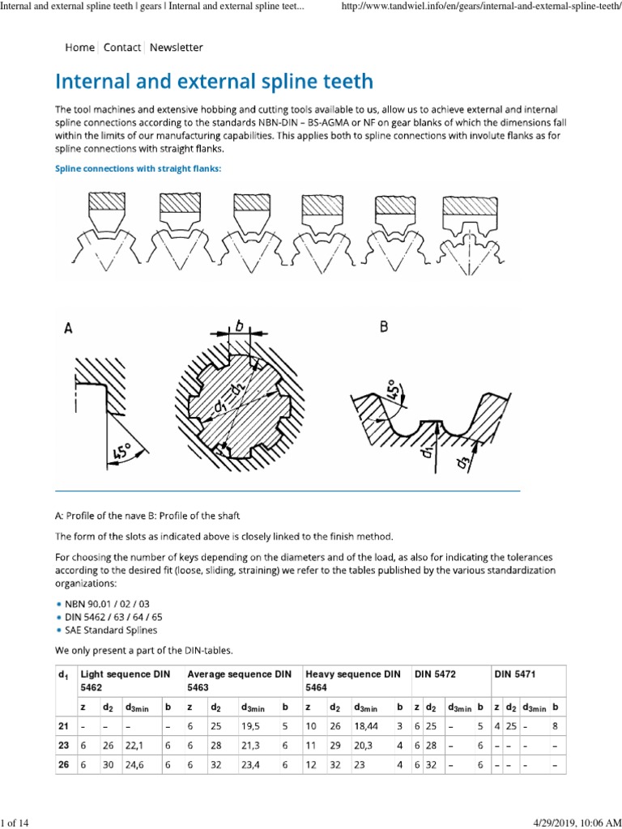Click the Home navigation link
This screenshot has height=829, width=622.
[79, 48]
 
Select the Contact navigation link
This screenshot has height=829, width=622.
[122, 48]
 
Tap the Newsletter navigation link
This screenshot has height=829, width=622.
[176, 48]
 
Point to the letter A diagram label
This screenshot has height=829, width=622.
[70, 329]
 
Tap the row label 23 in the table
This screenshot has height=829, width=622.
[63, 745]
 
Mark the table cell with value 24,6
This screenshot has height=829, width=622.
[135, 763]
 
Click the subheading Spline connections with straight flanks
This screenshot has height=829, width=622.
[138, 168]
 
